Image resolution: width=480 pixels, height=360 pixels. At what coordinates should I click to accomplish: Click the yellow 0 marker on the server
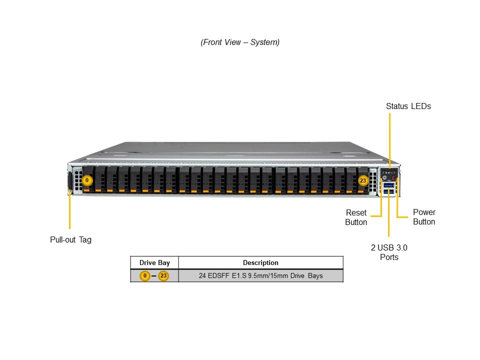(87, 179)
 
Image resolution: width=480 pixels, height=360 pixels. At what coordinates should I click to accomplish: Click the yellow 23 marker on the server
(363, 180)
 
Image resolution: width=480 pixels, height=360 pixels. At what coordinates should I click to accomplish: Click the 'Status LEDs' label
(408, 106)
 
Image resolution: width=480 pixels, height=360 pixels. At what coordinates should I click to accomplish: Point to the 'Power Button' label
(424, 217)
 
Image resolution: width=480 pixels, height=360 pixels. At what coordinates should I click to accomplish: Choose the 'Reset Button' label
(356, 217)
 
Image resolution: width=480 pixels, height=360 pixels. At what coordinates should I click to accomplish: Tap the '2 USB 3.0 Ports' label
(389, 252)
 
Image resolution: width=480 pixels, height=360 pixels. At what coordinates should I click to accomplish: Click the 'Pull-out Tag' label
(70, 239)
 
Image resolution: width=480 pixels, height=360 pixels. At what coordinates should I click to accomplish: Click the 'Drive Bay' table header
(154, 262)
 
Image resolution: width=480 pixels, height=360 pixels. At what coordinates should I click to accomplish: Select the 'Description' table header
(260, 262)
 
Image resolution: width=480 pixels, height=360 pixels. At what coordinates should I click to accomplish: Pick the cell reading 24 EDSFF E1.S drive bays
(260, 275)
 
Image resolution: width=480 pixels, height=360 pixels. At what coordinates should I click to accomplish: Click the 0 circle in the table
(145, 275)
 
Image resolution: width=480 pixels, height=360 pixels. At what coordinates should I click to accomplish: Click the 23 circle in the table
(163, 275)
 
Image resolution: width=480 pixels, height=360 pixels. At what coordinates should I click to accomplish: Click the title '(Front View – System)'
(240, 42)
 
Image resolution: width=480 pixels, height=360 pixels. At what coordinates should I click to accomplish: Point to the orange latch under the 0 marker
(87, 190)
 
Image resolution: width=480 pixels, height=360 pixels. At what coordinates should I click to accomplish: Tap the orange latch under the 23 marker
(361, 191)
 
